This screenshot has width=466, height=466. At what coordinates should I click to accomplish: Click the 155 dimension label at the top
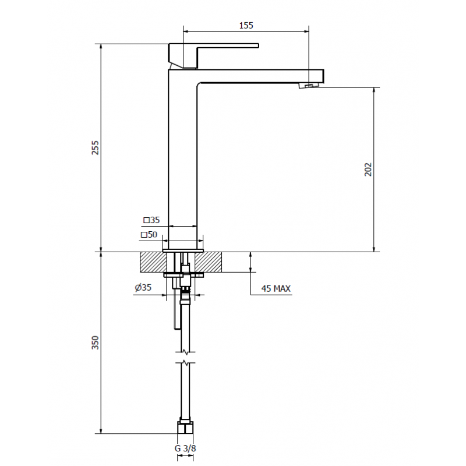click(x=246, y=26)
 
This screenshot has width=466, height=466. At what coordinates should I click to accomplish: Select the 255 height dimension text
click(x=95, y=147)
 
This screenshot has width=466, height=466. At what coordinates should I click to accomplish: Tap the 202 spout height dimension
click(x=368, y=170)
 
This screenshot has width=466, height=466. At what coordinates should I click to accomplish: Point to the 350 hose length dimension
click(x=95, y=343)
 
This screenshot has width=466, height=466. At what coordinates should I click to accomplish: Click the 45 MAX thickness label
click(x=276, y=288)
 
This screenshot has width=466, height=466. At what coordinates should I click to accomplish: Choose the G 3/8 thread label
click(x=185, y=448)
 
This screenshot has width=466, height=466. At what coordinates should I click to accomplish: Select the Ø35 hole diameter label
click(x=143, y=287)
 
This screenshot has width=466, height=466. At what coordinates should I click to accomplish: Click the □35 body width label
click(x=151, y=220)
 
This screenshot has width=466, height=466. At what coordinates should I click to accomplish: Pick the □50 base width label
click(x=149, y=235)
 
